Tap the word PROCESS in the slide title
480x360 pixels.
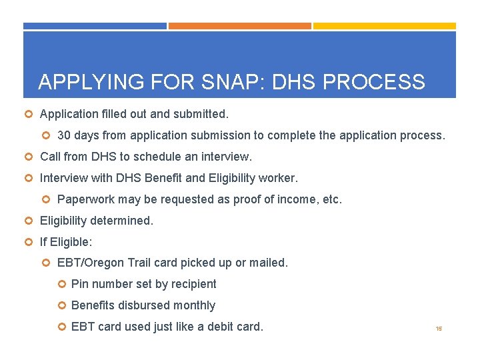(373, 82)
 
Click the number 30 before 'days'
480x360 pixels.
(64, 135)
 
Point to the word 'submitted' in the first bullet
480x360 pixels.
(203, 114)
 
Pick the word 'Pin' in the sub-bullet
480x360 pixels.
(79, 284)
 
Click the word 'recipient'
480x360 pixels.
(193, 284)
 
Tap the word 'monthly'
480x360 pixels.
(193, 305)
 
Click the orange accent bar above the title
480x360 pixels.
(239, 26)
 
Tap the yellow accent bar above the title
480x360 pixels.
(385, 26)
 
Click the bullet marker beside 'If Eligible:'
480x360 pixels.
(29, 242)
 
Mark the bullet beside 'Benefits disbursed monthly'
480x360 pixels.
(61, 306)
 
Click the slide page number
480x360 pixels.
(439, 329)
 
